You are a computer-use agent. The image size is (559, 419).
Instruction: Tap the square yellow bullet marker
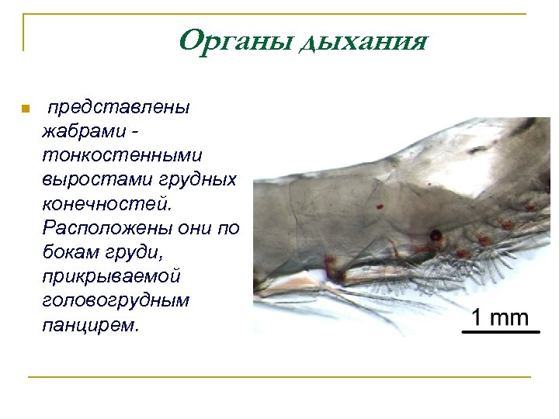pos(25,108)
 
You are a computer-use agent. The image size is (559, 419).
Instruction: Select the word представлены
pos(123,107)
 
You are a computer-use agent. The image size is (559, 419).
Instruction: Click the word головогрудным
pos(116,301)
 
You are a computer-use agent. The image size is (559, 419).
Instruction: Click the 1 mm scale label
pos(500,317)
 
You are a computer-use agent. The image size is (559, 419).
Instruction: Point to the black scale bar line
pos(501,331)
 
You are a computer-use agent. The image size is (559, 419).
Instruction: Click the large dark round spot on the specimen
pos(437,234)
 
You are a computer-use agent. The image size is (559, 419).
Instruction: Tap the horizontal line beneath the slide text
pos(279,377)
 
